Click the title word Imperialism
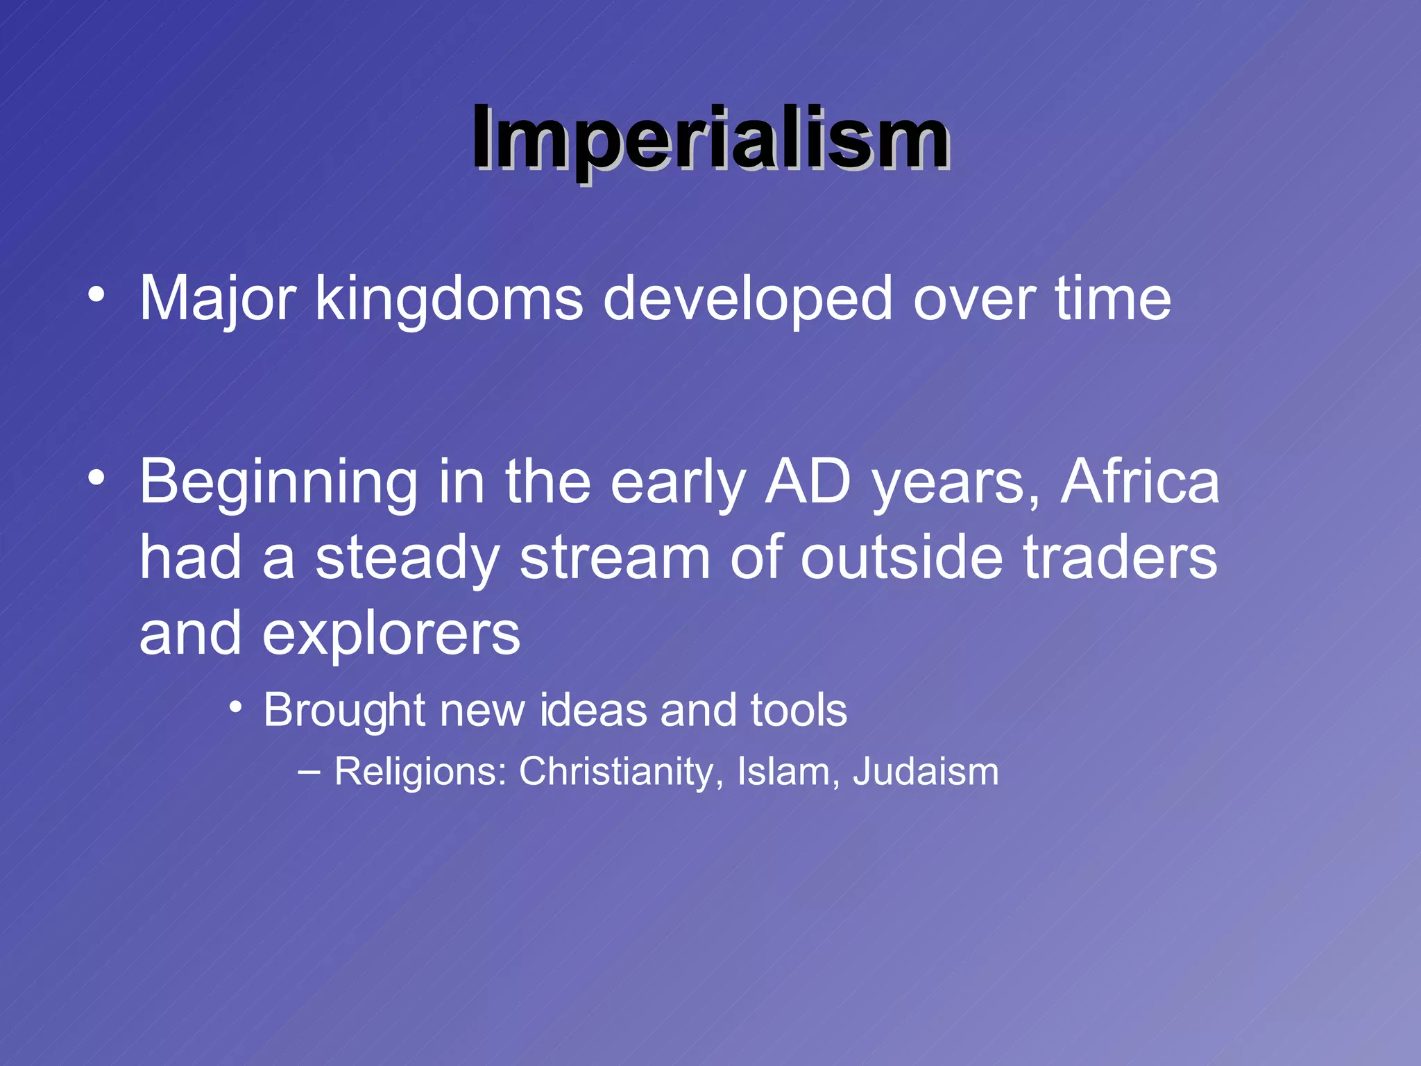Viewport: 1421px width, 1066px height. (x=710, y=139)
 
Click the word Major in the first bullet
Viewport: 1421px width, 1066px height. (x=218, y=300)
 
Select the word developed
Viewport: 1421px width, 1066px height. (x=748, y=300)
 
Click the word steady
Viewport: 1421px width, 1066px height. (x=408, y=559)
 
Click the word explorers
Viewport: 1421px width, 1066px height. (x=391, y=634)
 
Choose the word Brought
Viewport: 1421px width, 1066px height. (x=344, y=711)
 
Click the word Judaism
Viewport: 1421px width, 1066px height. (x=926, y=772)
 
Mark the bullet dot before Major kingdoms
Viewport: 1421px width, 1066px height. (x=96, y=296)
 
